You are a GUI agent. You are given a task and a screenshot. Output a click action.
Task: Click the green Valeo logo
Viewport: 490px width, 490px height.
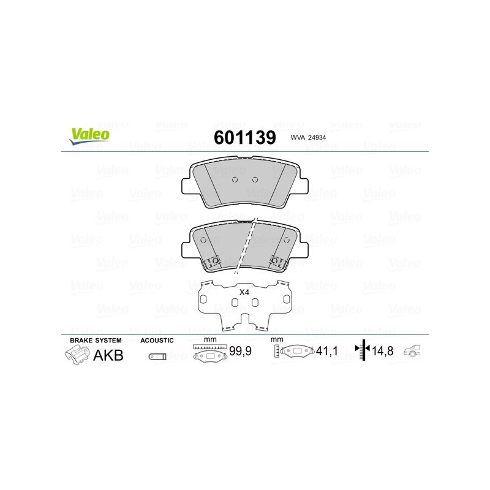tap(89, 136)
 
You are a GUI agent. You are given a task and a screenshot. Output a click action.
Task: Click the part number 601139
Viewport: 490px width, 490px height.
tap(244, 137)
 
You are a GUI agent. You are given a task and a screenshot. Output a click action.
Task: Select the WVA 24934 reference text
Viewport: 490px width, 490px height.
tap(308, 137)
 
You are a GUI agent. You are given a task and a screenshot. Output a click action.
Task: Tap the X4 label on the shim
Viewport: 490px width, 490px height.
tap(244, 293)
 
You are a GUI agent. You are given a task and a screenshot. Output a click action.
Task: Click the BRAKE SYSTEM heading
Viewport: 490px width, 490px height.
tap(96, 341)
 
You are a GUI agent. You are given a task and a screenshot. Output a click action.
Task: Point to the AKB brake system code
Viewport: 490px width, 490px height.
tap(108, 355)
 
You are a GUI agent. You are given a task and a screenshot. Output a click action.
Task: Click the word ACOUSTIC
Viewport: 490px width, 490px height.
tap(157, 341)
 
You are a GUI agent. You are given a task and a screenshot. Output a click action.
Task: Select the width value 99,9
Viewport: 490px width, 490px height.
tap(240, 351)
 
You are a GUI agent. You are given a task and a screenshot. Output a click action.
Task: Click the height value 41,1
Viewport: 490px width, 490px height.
tap(327, 351)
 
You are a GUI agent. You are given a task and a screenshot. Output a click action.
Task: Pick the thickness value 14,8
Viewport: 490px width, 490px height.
tap(382, 351)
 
